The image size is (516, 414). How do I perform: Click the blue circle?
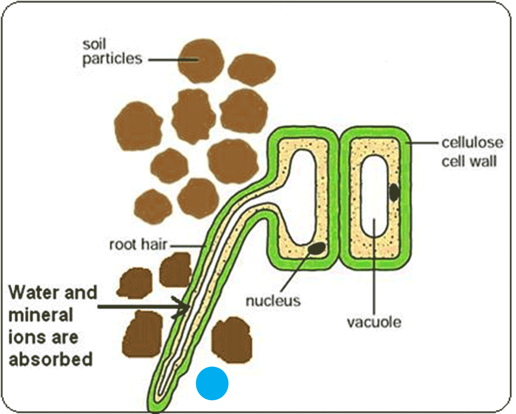click(212, 383)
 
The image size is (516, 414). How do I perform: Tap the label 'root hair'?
click(138, 244)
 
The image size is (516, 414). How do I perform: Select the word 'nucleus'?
click(273, 301)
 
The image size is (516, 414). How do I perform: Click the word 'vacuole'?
click(374, 322)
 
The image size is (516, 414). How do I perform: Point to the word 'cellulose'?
click(472, 143)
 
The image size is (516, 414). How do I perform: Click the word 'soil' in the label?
click(94, 44)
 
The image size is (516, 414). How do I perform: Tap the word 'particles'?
click(112, 59)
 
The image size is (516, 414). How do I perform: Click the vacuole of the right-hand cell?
click(375, 196)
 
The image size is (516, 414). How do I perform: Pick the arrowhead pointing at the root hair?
click(184, 307)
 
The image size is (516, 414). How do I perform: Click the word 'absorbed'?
click(50, 360)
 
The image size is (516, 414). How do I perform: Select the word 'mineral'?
click(40, 315)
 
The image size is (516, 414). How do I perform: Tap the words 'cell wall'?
click(469, 161)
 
